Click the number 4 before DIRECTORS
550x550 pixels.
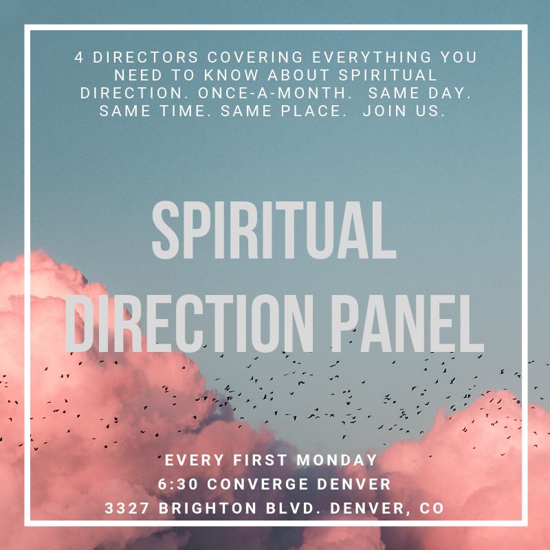(79, 57)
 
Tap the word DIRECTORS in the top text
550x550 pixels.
(146, 57)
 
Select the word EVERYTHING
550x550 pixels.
(372, 57)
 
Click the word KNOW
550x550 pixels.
(231, 75)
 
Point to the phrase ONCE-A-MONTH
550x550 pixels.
(272, 93)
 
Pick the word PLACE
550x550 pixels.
(311, 111)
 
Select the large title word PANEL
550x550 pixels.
(407, 323)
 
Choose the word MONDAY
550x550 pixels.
(337, 460)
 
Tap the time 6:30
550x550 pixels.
(178, 484)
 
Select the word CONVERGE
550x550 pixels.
(257, 484)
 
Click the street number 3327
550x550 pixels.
(127, 508)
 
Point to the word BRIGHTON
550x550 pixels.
(208, 508)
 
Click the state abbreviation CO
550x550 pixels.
(432, 508)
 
